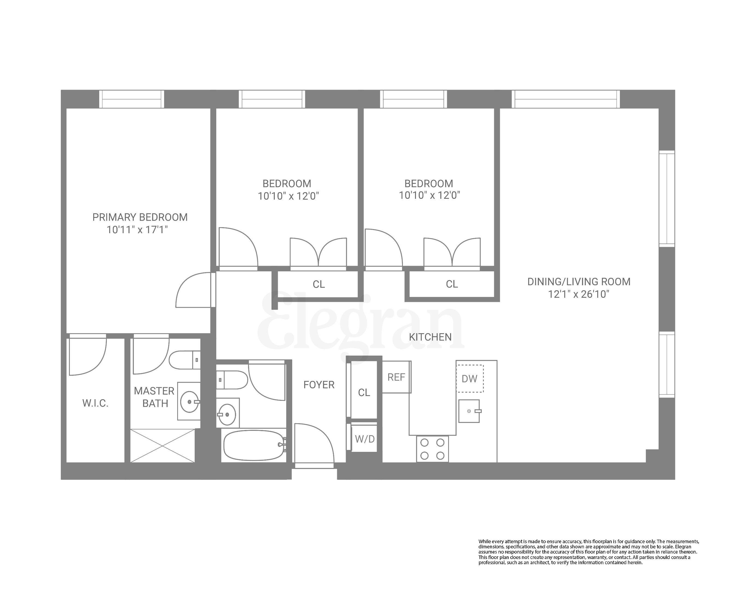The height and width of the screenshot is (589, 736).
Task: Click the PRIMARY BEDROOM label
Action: (x=140, y=218)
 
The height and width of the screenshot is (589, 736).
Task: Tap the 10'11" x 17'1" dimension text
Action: (x=137, y=230)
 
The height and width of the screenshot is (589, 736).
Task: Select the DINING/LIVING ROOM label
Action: (x=579, y=282)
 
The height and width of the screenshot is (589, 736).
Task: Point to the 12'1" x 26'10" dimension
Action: (x=579, y=294)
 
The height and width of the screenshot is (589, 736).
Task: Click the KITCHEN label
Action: (x=430, y=337)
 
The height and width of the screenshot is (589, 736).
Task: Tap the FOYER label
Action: (x=319, y=385)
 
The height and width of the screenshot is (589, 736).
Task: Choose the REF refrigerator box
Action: (x=396, y=377)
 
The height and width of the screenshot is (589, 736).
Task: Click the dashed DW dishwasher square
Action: (x=470, y=379)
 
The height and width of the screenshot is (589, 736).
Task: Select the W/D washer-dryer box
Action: (x=364, y=439)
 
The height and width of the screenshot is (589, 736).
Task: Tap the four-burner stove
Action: (x=432, y=449)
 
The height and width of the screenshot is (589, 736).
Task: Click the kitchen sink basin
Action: (x=469, y=411)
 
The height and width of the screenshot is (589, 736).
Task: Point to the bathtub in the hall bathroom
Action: (x=254, y=445)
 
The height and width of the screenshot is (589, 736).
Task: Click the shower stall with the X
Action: (x=162, y=446)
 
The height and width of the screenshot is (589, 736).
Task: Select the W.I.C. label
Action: (x=95, y=404)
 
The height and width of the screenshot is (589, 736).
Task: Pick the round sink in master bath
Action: (x=189, y=402)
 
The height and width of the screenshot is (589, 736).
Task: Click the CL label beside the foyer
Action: (x=364, y=393)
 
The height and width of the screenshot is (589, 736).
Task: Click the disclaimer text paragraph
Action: (x=589, y=552)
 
